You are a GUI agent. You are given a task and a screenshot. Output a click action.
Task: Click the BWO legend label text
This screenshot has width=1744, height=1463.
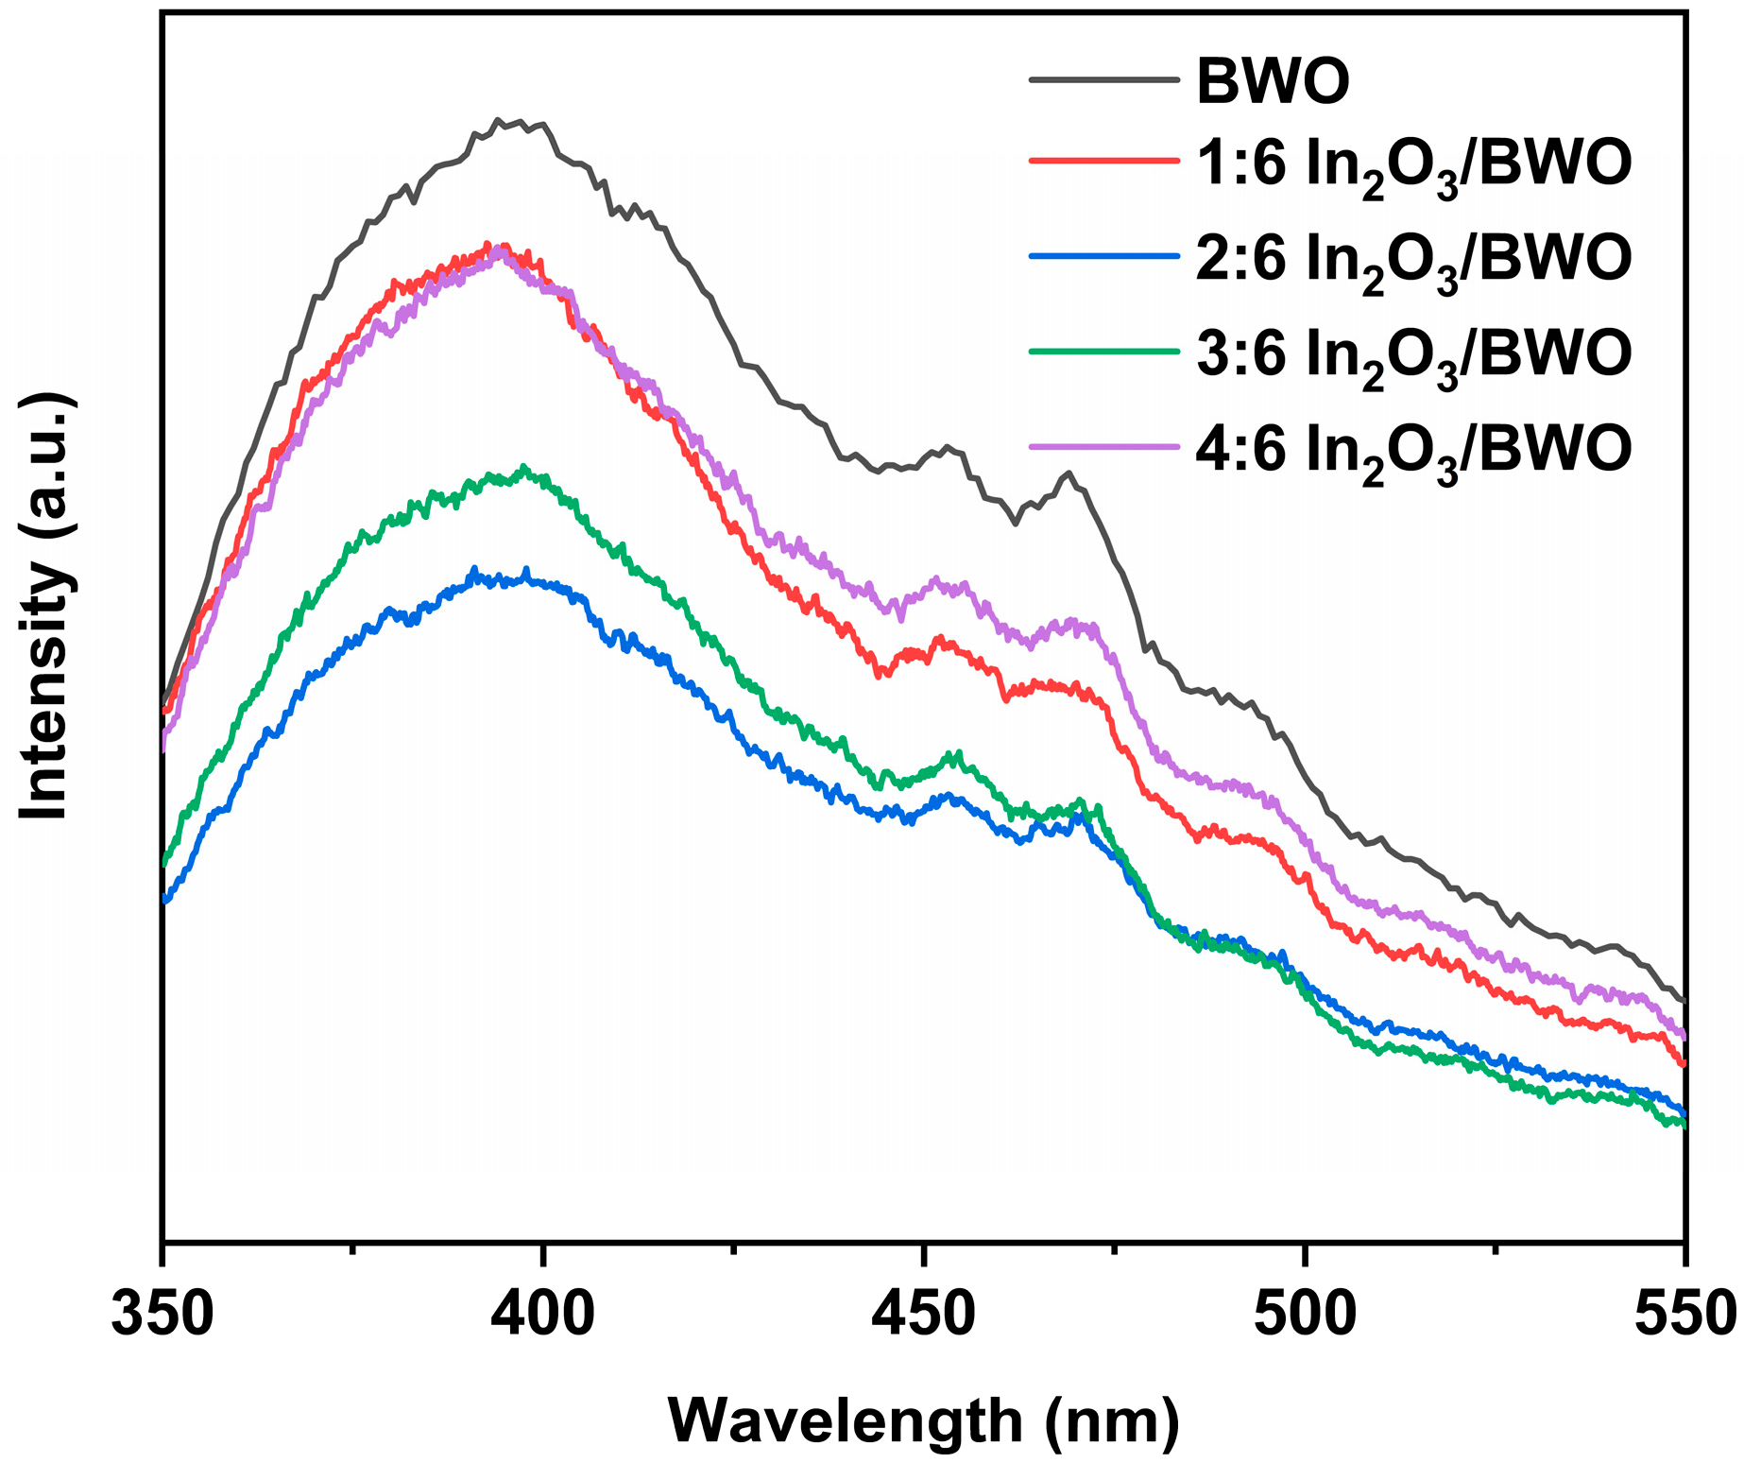pos(1273,81)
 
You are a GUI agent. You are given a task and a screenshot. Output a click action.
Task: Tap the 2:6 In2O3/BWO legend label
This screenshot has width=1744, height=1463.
pos(1413,259)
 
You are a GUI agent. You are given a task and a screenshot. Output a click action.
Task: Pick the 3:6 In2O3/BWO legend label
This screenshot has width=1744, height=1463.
pos(1413,353)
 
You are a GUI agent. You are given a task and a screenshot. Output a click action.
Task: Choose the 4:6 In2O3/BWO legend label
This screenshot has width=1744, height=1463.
pos(1413,448)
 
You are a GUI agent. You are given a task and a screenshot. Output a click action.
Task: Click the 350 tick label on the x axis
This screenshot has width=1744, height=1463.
pos(162,1315)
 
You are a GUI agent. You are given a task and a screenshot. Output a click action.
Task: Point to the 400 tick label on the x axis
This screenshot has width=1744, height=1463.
pos(543,1315)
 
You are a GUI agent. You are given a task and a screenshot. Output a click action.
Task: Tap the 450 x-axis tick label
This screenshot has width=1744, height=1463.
pos(924,1315)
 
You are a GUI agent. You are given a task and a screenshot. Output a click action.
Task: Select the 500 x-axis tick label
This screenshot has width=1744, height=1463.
pos(1305,1315)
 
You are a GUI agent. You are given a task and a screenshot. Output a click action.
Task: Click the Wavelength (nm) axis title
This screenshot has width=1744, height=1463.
pos(924,1420)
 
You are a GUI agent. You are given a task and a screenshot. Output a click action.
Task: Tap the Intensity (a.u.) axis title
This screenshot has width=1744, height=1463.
pos(45,605)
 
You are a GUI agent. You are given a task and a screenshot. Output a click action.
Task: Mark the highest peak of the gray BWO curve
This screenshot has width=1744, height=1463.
pos(499,120)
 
